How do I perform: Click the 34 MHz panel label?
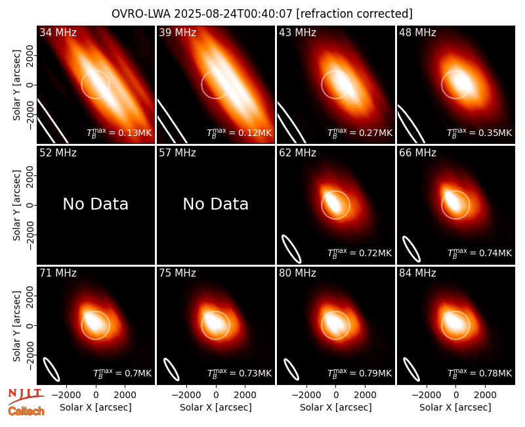click(x=58, y=32)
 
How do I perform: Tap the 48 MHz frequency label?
click(x=417, y=32)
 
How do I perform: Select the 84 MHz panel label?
click(x=417, y=273)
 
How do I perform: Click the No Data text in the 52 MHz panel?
click(x=95, y=204)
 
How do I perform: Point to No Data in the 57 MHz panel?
click(x=216, y=204)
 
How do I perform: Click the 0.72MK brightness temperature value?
click(x=375, y=253)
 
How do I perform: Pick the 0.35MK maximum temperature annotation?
click(x=495, y=133)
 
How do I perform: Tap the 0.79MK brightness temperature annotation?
click(x=375, y=373)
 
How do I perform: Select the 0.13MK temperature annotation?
click(x=135, y=133)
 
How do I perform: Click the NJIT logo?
click(x=26, y=395)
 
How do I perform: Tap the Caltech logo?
click(x=26, y=411)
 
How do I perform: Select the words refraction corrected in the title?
click(x=354, y=14)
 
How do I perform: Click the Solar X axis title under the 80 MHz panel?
click(x=336, y=407)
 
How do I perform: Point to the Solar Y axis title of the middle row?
click(x=16, y=205)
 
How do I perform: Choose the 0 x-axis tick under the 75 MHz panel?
click(x=216, y=395)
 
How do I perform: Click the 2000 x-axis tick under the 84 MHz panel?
click(x=485, y=395)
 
